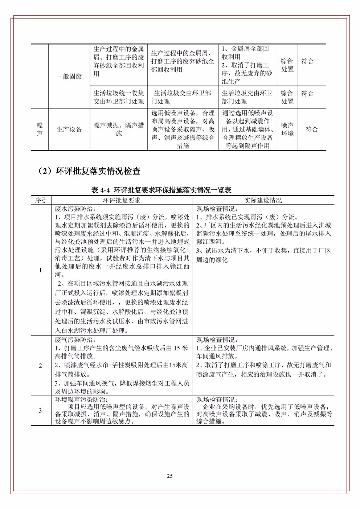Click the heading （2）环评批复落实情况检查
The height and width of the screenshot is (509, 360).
point(89,171)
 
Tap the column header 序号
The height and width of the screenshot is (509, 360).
point(41,200)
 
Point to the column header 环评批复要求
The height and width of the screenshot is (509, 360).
point(122,200)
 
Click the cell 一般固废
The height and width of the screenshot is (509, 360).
point(69,77)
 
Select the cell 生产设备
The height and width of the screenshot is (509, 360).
point(69,129)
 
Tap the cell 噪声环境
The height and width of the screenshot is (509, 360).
point(287,129)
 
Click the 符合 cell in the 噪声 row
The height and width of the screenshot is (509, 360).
point(311,129)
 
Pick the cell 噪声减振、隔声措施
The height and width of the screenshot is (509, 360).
point(119,129)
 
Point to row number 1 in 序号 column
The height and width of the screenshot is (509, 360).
point(40,270)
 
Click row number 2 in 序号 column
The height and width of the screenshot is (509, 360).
point(40,365)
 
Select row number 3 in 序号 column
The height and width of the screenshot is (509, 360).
point(40,410)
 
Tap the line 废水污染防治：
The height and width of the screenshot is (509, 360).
point(75,209)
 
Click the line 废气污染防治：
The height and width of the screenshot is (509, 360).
point(75,340)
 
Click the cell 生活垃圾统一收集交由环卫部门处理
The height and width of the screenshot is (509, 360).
point(119,97)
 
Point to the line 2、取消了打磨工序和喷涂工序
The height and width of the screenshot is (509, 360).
point(263,365)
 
